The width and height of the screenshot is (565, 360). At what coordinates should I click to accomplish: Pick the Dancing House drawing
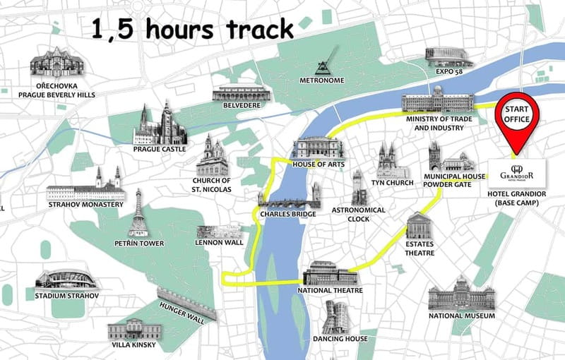click(337, 317)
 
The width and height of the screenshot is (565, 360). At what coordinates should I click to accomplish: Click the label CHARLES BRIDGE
click(287, 213)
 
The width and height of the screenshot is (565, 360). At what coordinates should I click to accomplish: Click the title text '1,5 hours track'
click(193, 30)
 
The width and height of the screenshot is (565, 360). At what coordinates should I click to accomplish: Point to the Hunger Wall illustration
click(186, 304)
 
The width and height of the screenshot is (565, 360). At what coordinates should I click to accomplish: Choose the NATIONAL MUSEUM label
click(461, 316)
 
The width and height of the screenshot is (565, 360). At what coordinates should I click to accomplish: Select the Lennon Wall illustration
click(218, 232)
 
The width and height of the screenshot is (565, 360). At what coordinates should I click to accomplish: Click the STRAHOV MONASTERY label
click(85, 205)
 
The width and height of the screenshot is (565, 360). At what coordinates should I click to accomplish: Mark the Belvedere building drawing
click(241, 93)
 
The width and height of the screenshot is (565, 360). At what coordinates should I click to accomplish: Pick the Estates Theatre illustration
click(420, 227)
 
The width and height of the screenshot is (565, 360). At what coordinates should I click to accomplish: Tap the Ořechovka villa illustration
click(56, 63)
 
